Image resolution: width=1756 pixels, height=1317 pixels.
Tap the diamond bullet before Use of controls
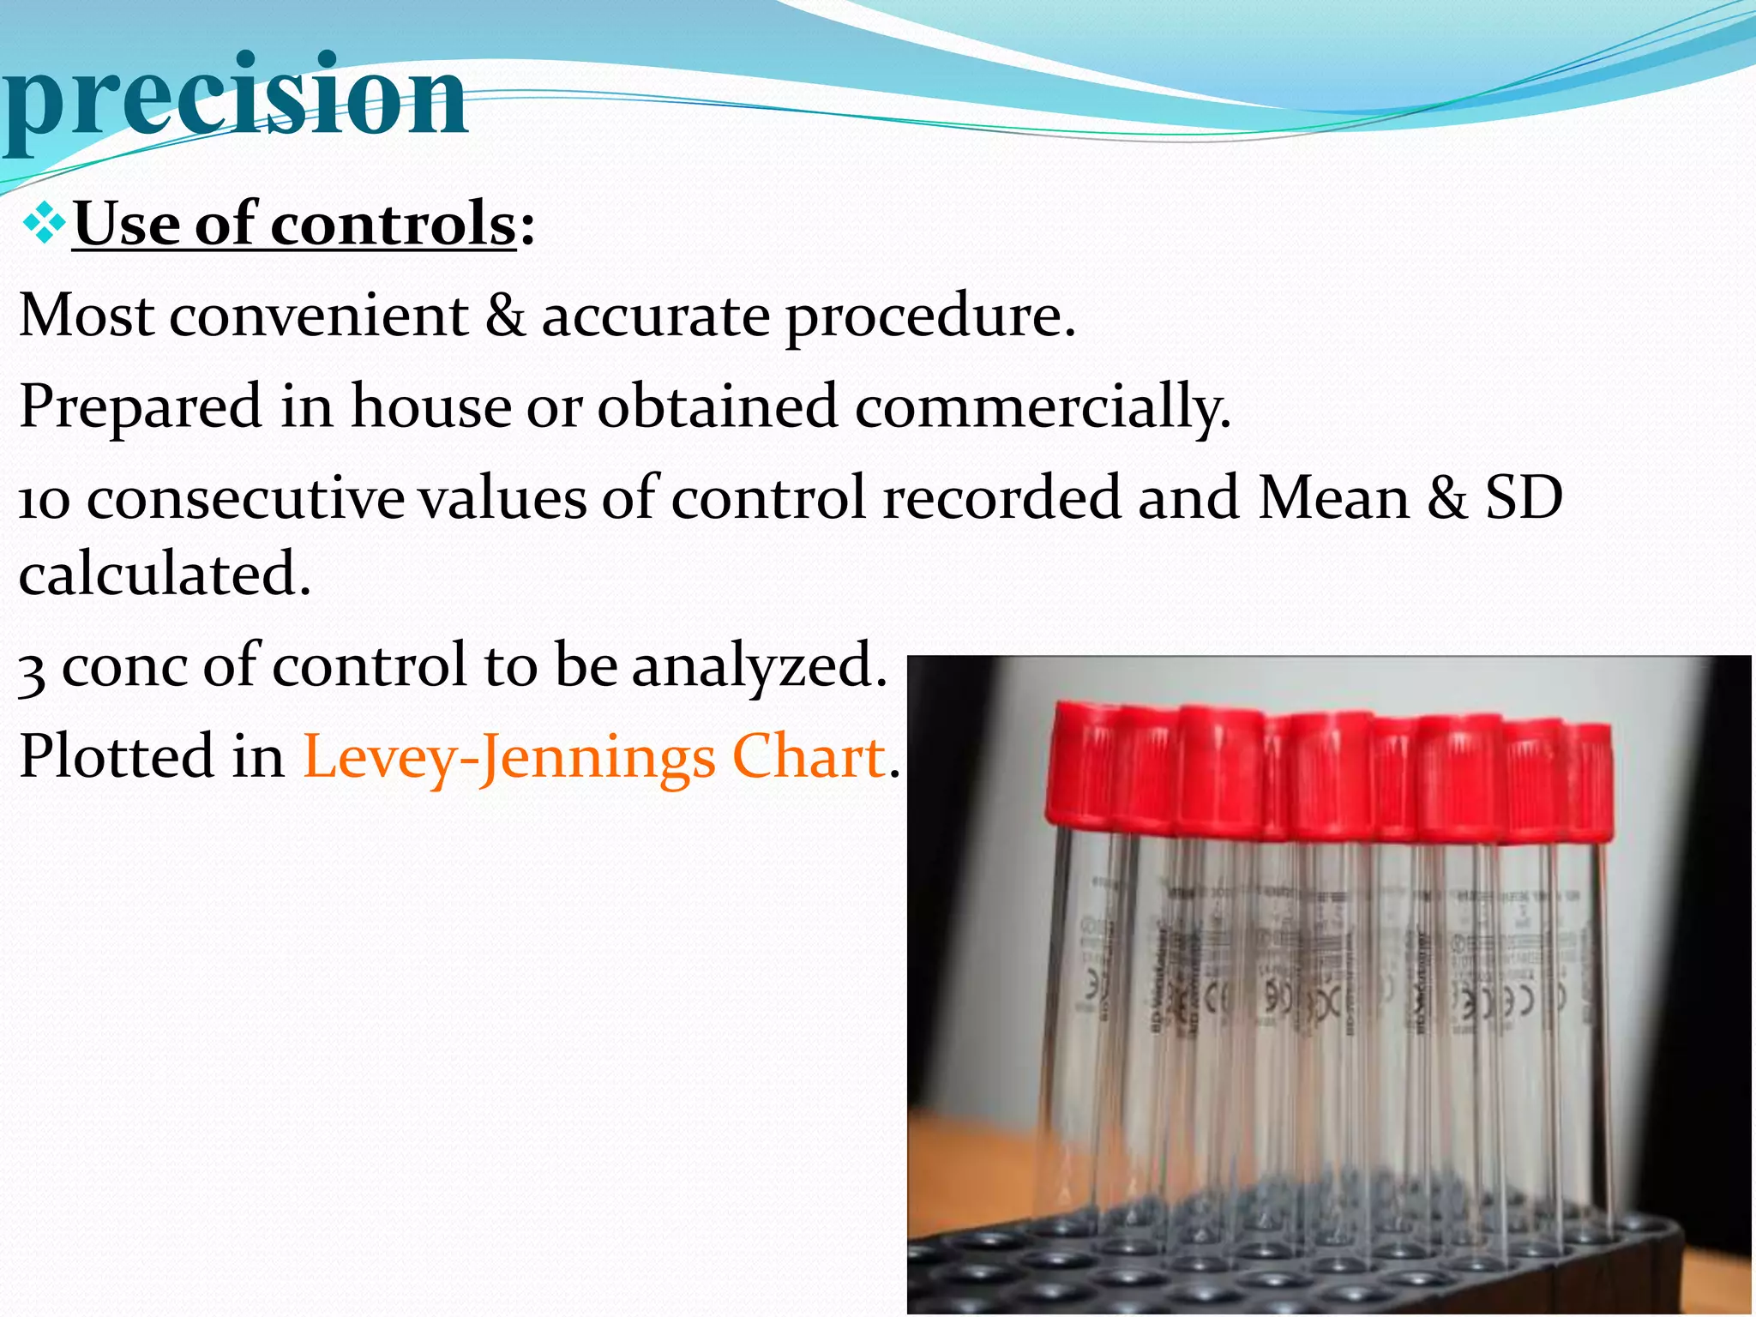click(x=45, y=225)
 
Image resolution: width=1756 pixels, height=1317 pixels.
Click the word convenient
click(x=319, y=316)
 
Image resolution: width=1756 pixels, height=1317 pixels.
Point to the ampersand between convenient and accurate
click(x=505, y=316)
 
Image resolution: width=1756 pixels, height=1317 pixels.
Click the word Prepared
click(x=140, y=406)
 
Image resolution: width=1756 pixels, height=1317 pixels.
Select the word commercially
click(x=1041, y=406)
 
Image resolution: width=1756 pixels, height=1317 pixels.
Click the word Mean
click(x=1333, y=497)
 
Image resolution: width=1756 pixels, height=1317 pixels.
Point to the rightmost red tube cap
click(x=1590, y=780)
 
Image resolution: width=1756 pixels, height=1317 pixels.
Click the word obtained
click(x=717, y=406)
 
